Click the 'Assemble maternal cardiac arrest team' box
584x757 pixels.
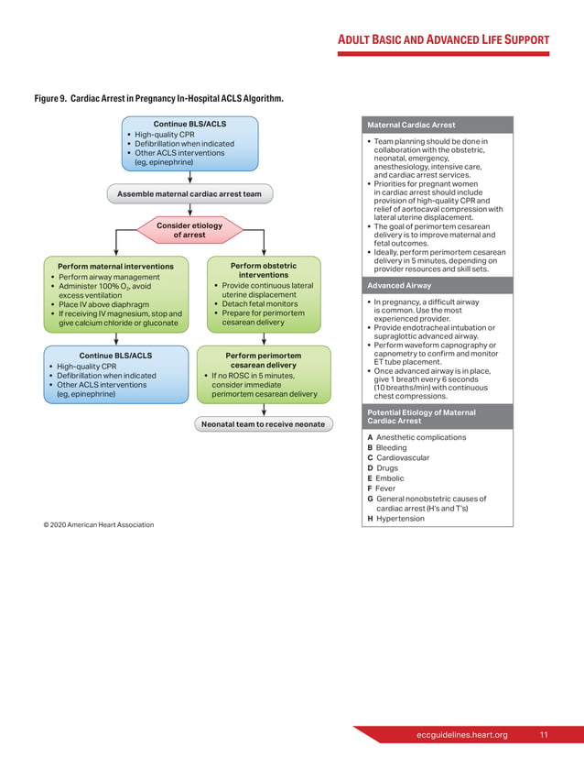(189, 194)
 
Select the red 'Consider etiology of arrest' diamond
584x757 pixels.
(189, 230)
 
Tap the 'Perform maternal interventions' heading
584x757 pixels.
(115, 267)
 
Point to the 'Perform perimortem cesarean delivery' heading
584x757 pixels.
(263, 360)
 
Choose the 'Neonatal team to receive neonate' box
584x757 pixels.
(263, 424)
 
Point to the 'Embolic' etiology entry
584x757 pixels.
(389, 478)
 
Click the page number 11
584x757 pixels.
(544, 735)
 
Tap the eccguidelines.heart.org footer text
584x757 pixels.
(461, 735)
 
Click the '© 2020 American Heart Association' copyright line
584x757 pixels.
(99, 524)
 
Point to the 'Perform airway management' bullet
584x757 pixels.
(109, 277)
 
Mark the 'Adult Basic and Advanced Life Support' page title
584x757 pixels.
(444, 40)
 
